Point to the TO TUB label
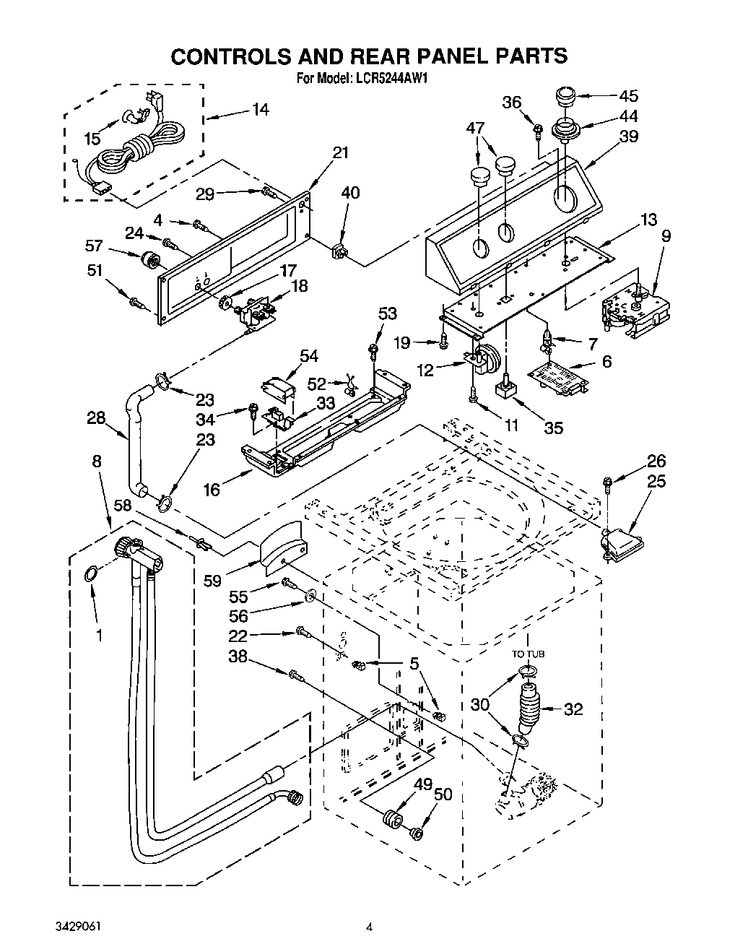(x=529, y=654)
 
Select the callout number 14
(x=260, y=110)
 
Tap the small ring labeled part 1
(x=90, y=574)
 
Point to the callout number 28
(x=95, y=417)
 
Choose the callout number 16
(x=211, y=490)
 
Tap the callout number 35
(x=553, y=427)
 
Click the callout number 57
(x=93, y=246)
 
